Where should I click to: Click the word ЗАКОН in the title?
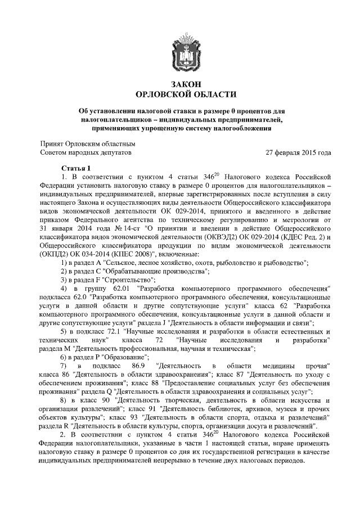pos(181,84)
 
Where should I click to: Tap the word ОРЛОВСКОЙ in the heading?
pos(163,94)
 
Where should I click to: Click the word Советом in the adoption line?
pos(55,153)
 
